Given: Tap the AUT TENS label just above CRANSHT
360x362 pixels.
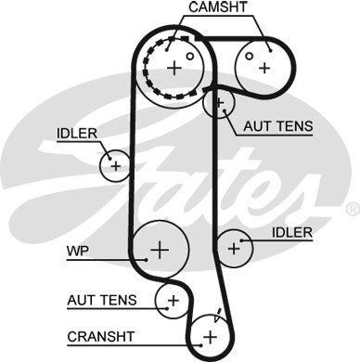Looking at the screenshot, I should click(x=102, y=300).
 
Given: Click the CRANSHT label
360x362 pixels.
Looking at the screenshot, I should click(x=102, y=335).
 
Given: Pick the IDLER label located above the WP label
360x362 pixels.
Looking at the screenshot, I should click(x=76, y=133).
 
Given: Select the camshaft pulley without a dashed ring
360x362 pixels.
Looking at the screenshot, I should click(x=264, y=65).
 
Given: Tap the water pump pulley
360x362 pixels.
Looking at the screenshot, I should click(x=160, y=249).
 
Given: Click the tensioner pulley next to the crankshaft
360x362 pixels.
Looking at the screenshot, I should click(x=172, y=299).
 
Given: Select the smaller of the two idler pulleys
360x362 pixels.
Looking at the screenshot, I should click(x=115, y=165).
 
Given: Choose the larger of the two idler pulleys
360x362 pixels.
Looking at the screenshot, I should click(x=235, y=247).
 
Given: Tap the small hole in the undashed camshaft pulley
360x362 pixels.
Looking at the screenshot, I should click(x=251, y=55).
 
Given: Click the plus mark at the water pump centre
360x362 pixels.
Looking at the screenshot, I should click(x=160, y=249).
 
